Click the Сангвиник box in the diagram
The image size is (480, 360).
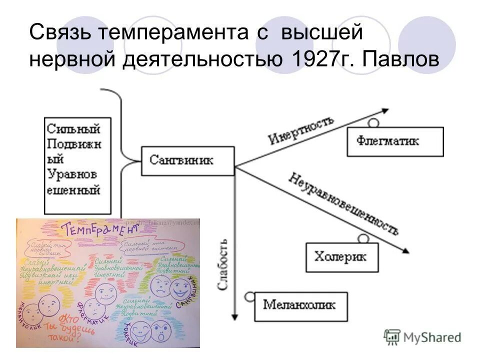[x=187, y=160]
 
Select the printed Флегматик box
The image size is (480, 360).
[x=395, y=141]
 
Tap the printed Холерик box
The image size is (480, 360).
[x=341, y=257]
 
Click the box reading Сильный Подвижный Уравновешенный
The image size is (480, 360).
[x=73, y=165]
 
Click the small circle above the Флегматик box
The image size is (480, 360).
[x=373, y=122]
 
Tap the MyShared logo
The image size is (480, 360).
[x=422, y=336]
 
